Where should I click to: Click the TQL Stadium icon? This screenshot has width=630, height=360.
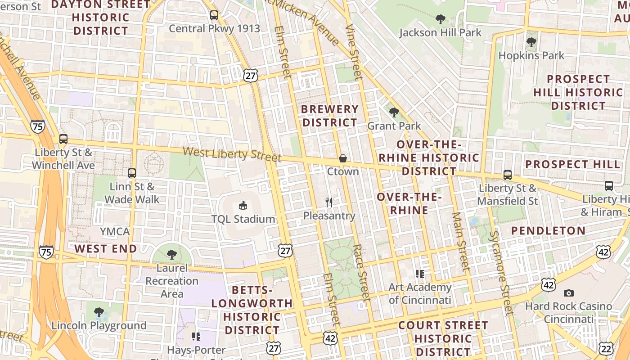[x=243, y=206]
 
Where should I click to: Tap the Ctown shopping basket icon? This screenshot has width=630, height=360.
[x=343, y=158]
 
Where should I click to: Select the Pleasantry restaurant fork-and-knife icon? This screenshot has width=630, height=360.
[x=329, y=202]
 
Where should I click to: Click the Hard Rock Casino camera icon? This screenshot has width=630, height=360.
[x=569, y=293]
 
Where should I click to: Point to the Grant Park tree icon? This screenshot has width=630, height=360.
[x=394, y=112]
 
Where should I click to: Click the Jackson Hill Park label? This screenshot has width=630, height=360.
[x=440, y=32]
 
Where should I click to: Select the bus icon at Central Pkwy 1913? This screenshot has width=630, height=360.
[x=214, y=15]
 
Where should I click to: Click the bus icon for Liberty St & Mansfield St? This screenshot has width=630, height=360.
[x=508, y=175]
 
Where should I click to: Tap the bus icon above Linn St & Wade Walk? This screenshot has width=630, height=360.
[x=132, y=173]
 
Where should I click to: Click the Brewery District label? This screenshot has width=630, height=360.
[x=329, y=116]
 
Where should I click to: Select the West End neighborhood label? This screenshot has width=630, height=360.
[x=105, y=248]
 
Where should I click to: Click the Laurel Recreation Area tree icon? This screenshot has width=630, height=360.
[x=171, y=255]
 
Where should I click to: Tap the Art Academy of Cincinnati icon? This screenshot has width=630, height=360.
[x=420, y=274]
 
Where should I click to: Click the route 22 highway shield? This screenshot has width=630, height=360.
[x=606, y=348]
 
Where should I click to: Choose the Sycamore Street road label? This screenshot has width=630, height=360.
[x=501, y=272]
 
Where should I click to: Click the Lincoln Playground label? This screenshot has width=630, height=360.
[x=99, y=325]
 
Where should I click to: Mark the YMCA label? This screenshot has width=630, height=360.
[x=115, y=232]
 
